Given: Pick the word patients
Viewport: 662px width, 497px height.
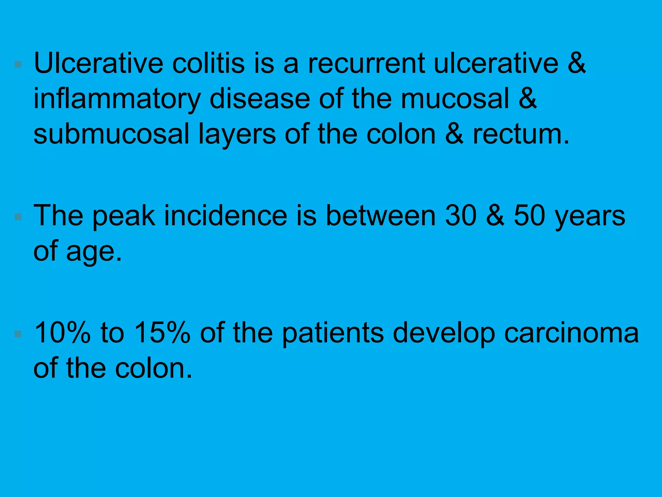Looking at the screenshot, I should pos(333,333).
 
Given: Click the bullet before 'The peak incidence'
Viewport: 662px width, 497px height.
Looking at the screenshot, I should pos(18,216).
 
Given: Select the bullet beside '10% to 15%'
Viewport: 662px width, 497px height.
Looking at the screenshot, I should pos(18,334).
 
